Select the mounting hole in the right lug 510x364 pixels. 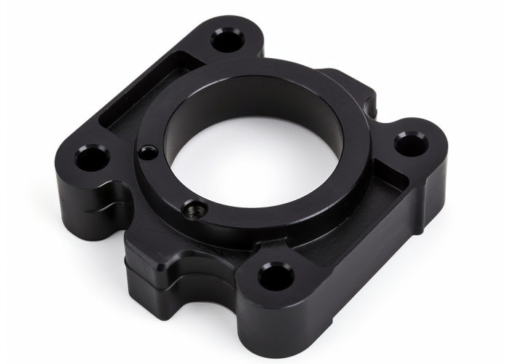pyautogui.click(x=407, y=144)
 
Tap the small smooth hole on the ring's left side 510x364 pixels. pyautogui.click(x=149, y=153)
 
